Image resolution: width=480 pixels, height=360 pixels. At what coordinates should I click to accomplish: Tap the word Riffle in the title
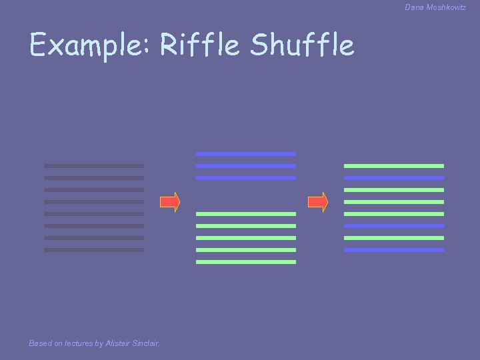click(x=200, y=45)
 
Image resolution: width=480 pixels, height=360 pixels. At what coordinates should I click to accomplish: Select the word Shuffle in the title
click(x=302, y=45)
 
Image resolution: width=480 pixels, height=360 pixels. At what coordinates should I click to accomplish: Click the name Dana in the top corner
click(x=414, y=7)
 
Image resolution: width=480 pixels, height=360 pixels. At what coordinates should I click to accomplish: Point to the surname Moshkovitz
click(x=446, y=7)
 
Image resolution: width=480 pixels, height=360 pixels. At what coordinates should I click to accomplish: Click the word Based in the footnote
click(x=40, y=343)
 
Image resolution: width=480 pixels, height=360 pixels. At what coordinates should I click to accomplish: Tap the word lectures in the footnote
click(x=78, y=343)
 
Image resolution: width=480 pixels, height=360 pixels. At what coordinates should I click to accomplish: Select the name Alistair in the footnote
click(x=120, y=343)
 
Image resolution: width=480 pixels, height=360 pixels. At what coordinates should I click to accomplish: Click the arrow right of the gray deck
click(x=170, y=202)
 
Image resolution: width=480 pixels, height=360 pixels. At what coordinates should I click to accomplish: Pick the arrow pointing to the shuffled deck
click(x=318, y=202)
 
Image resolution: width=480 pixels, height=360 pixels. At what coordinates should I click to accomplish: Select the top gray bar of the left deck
click(x=94, y=166)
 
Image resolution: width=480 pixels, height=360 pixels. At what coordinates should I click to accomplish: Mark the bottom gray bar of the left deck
click(x=94, y=250)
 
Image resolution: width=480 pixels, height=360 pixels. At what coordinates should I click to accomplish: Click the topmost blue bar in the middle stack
click(x=246, y=154)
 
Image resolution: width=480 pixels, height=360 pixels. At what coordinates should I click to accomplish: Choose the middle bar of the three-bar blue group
click(x=246, y=166)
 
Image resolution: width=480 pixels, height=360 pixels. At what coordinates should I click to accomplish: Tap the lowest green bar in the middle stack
click(x=246, y=262)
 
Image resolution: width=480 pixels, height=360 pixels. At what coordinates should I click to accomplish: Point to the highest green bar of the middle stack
click(x=246, y=214)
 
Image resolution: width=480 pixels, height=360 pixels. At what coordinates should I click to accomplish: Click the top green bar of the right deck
click(x=394, y=166)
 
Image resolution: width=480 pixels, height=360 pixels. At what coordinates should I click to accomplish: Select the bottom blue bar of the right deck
click(x=394, y=250)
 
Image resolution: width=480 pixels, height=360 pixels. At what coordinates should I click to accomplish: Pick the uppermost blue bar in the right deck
click(x=394, y=178)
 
